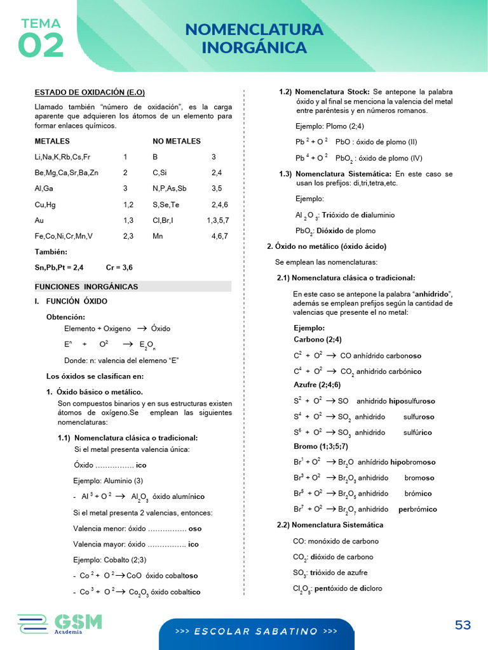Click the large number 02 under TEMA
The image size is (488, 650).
pyautogui.click(x=41, y=45)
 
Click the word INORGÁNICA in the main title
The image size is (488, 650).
pyautogui.click(x=254, y=48)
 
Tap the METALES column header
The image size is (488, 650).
pyautogui.click(x=52, y=141)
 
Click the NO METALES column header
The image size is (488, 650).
pyautogui.click(x=177, y=141)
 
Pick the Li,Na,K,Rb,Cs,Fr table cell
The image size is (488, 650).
pyautogui.click(x=62, y=157)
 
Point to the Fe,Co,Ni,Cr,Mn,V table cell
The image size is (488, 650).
pyautogui.click(x=64, y=236)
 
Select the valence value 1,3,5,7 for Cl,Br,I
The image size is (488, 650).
pyautogui.click(x=217, y=220)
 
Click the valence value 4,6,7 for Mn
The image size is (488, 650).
pyautogui.click(x=220, y=236)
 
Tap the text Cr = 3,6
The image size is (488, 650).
pyautogui.click(x=119, y=267)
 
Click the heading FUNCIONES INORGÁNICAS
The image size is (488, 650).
pyautogui.click(x=86, y=287)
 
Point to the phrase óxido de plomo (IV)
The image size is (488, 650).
pyautogui.click(x=388, y=158)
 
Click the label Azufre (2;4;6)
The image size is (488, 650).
pyautogui.click(x=317, y=385)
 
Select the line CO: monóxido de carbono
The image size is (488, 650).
pyautogui.click(x=335, y=541)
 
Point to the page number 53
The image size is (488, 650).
pyautogui.click(x=463, y=625)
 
